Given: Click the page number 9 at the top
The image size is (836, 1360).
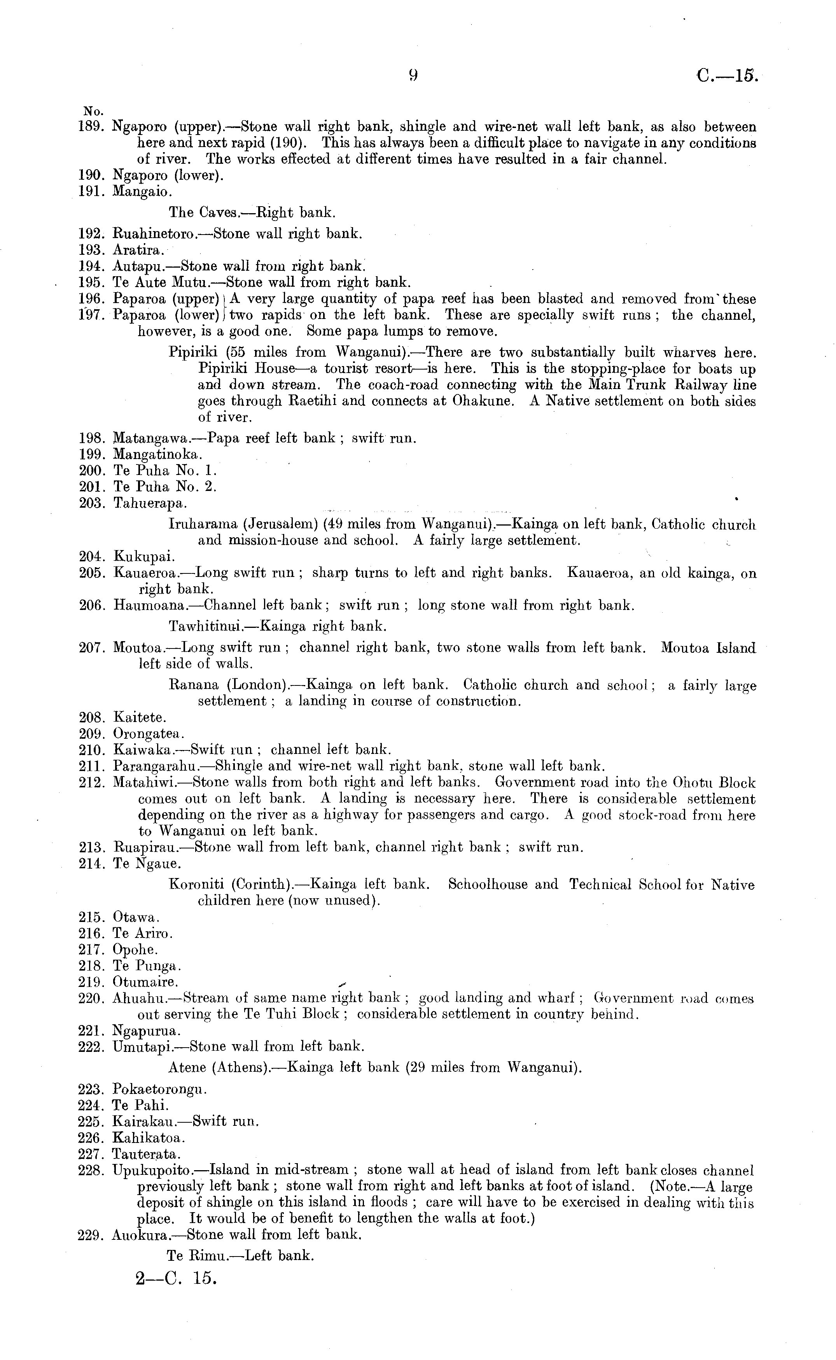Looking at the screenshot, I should [413, 75].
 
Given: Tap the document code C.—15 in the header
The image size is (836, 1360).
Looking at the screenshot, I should [728, 75].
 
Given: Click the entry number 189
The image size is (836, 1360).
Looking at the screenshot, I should [92, 127].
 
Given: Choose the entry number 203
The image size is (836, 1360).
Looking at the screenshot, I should [92, 503].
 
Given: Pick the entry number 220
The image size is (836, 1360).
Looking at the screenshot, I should [92, 998].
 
